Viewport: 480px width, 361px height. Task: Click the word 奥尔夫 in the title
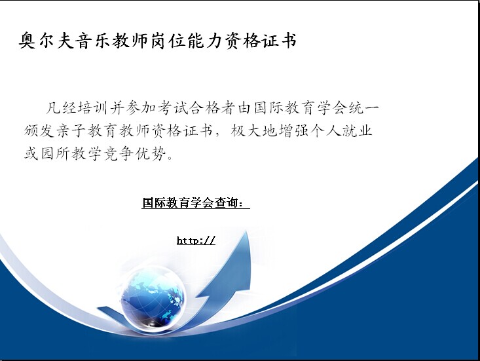click(x=47, y=41)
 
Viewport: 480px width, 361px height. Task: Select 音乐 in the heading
click(x=94, y=41)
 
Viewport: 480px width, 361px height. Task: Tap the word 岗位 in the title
click(x=168, y=41)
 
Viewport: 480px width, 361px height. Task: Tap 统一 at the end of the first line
click(x=363, y=108)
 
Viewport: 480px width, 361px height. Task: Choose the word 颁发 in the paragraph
click(x=40, y=131)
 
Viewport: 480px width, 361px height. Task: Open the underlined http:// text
click(x=196, y=240)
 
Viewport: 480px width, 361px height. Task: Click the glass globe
click(x=153, y=299)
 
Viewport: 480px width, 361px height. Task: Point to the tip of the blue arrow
click(x=246, y=231)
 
